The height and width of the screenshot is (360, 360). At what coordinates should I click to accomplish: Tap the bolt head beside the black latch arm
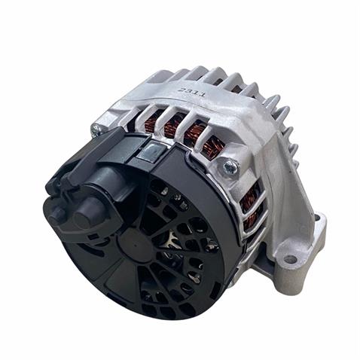[96, 130]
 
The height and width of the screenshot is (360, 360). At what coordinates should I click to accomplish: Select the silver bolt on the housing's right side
[230, 168]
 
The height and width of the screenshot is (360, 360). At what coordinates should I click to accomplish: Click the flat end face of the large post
[82, 219]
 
